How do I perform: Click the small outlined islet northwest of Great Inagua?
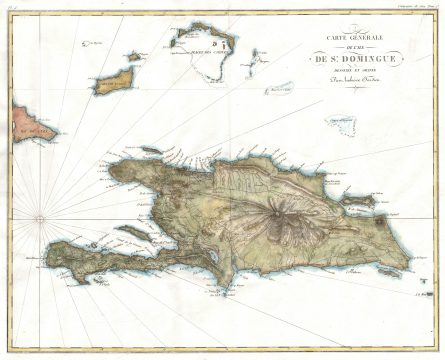[x=95, y=45]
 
